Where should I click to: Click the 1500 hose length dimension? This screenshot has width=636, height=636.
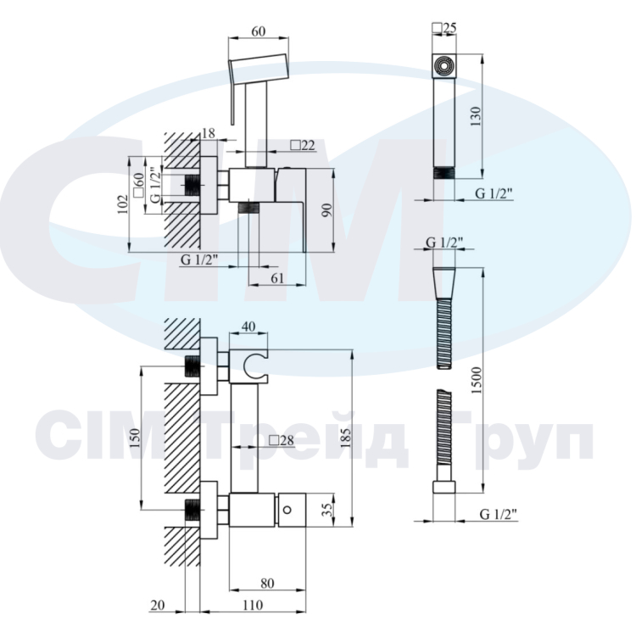pyautogui.click(x=477, y=380)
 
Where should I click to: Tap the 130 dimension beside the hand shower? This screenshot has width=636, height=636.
pyautogui.click(x=477, y=116)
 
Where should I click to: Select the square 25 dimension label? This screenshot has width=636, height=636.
pyautogui.click(x=444, y=28)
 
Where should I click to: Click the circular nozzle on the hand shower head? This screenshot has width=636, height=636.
pyautogui.click(x=444, y=65)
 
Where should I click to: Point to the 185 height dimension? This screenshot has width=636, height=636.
pyautogui.click(x=346, y=438)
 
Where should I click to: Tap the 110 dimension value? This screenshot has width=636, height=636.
pyautogui.click(x=253, y=605)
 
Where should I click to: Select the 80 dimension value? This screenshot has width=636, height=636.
pyautogui.click(x=267, y=583)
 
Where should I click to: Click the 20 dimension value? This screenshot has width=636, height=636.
pyautogui.click(x=158, y=605)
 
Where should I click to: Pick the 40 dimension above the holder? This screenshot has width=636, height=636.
pyautogui.click(x=248, y=326)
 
